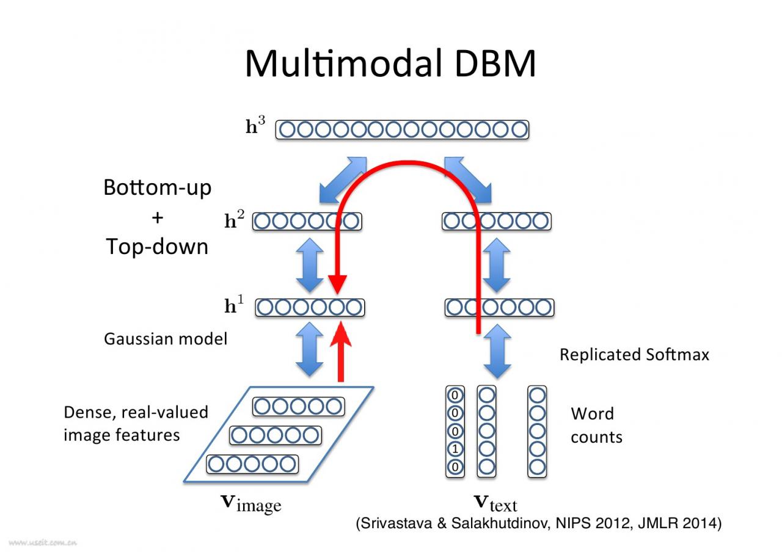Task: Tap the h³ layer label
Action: tap(255, 126)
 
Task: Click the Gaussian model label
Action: tap(166, 339)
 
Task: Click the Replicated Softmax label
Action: tap(634, 355)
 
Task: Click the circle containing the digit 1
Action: tap(455, 449)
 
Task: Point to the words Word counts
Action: tap(596, 425)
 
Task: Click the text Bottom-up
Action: tap(157, 187)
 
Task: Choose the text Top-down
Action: tap(157, 247)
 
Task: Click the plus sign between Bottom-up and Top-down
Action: tap(157, 217)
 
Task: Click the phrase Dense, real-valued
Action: tap(136, 412)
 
